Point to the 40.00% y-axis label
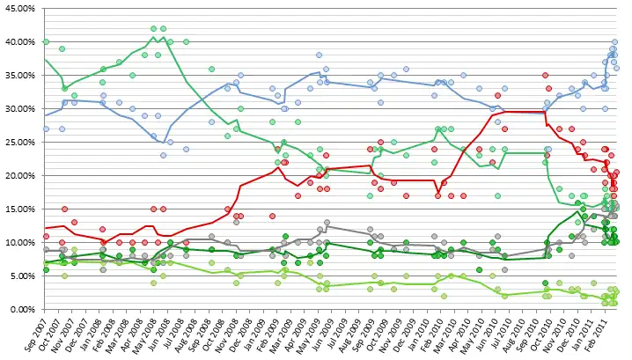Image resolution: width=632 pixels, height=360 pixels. click(x=19, y=41)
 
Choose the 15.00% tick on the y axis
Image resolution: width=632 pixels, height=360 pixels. click(x=19, y=209)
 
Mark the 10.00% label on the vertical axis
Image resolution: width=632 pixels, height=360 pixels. click(x=19, y=242)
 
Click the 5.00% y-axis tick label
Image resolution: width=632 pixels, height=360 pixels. click(x=21, y=276)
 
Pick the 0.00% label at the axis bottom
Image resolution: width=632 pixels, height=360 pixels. click(x=21, y=309)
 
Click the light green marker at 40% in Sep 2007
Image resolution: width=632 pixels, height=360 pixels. click(x=46, y=41)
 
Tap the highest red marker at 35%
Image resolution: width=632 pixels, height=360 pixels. click(x=546, y=76)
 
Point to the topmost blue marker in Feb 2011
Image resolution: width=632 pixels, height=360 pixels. click(x=614, y=41)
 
